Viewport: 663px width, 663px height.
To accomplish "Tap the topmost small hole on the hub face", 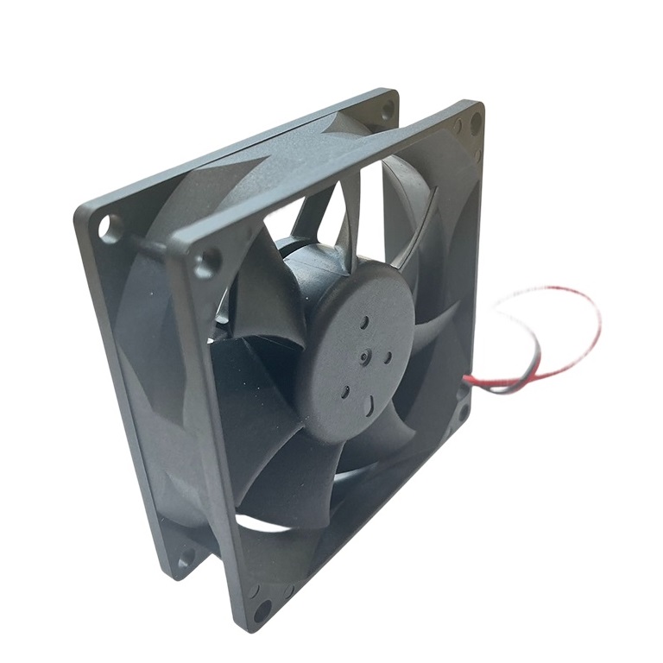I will click(x=365, y=321).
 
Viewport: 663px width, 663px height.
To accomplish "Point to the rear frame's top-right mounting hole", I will click(x=388, y=108).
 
